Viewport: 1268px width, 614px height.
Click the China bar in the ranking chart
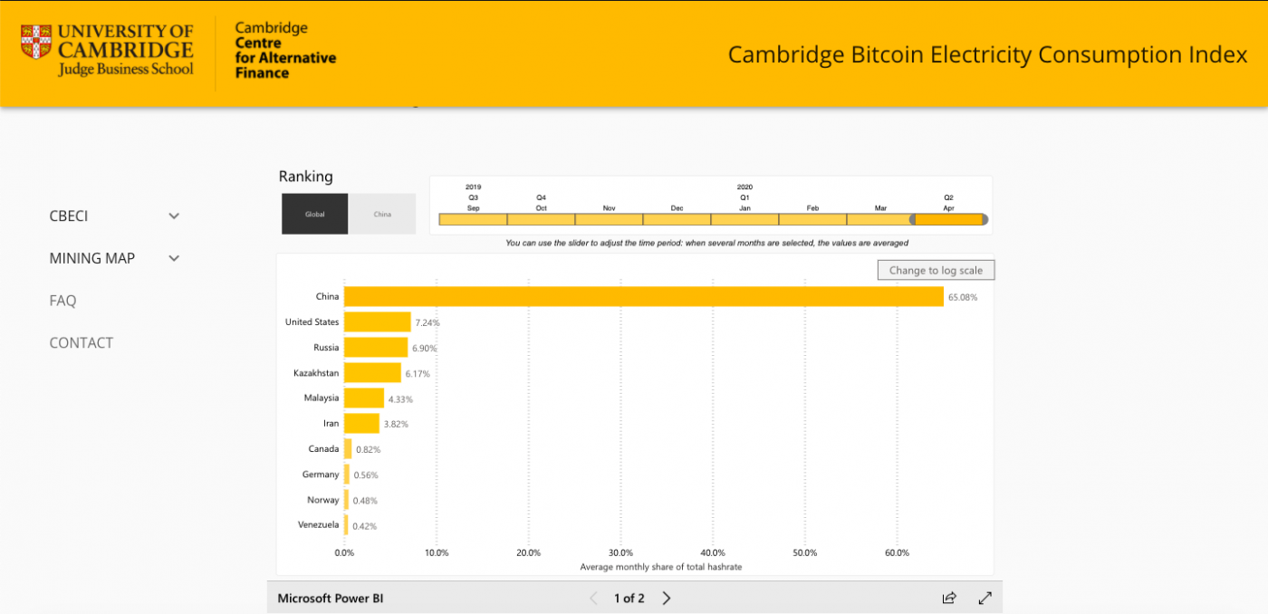pyautogui.click(x=643, y=296)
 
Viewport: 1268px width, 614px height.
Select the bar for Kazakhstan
pyautogui.click(x=372, y=372)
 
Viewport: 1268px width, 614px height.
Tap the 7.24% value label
pyautogui.click(x=427, y=322)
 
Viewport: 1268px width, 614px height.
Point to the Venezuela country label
pyautogui.click(x=319, y=525)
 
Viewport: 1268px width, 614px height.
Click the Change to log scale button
pyautogui.click(x=936, y=270)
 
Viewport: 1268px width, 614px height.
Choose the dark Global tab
pyautogui.click(x=314, y=214)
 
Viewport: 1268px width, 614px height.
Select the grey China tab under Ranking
pyautogui.click(x=382, y=214)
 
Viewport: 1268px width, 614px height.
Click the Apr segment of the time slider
pyautogui.click(x=949, y=219)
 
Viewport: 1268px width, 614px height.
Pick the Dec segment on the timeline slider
pyautogui.click(x=677, y=219)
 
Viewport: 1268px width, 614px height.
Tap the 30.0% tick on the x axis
pyautogui.click(x=620, y=552)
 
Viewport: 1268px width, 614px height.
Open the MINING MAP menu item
pyautogui.click(x=92, y=258)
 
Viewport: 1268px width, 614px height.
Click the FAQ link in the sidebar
pyautogui.click(x=62, y=301)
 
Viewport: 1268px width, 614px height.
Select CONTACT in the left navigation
pyautogui.click(x=82, y=342)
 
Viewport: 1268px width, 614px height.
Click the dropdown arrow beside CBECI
pyautogui.click(x=174, y=216)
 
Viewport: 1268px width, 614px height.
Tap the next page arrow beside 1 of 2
pyautogui.click(x=667, y=598)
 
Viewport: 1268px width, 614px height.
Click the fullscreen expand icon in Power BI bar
pyautogui.click(x=985, y=598)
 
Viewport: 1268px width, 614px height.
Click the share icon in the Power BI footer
pyautogui.click(x=949, y=598)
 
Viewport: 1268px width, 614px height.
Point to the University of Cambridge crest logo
pyautogui.click(x=37, y=42)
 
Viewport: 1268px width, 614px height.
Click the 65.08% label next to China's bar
pyautogui.click(x=963, y=297)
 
